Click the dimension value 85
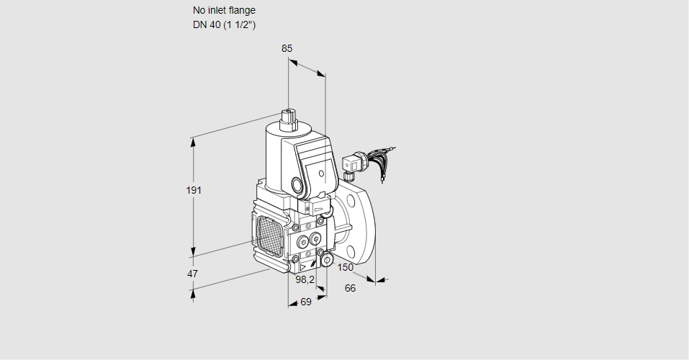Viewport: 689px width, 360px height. pyautogui.click(x=287, y=48)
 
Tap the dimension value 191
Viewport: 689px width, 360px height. pyautogui.click(x=194, y=190)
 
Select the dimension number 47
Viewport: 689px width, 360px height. pyautogui.click(x=192, y=274)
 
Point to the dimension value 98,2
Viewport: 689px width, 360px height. pyautogui.click(x=305, y=279)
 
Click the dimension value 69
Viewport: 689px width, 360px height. pyautogui.click(x=305, y=302)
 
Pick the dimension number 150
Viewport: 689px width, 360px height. pyautogui.click(x=346, y=268)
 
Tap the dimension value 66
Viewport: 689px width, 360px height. pyautogui.click(x=350, y=289)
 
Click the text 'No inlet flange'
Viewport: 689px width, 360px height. pyautogui.click(x=224, y=11)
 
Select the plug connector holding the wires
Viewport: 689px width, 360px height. pyautogui.click(x=352, y=165)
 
